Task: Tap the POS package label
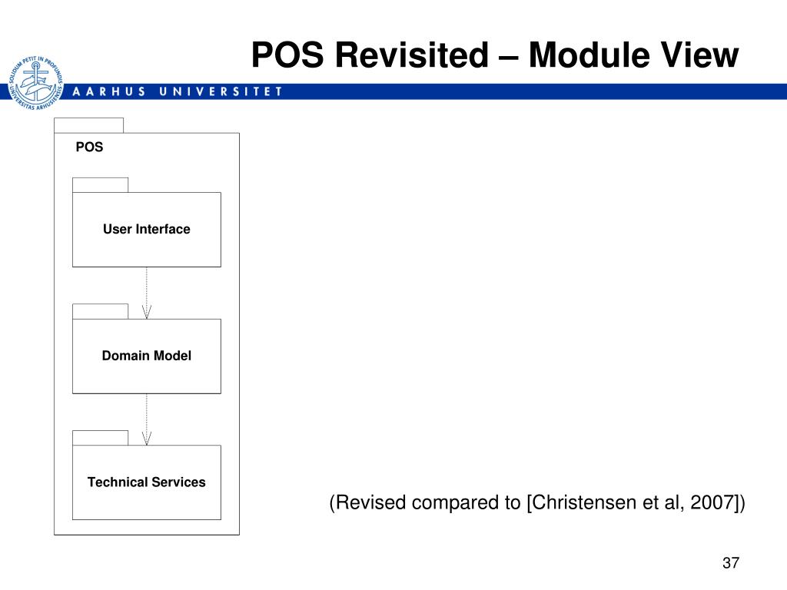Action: (x=89, y=147)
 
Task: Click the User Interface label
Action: (x=147, y=229)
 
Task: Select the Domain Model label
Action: (x=147, y=356)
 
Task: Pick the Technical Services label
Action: (x=147, y=482)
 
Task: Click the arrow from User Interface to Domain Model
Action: (x=147, y=293)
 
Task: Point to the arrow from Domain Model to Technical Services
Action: (x=147, y=419)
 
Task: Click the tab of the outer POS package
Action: (x=88, y=125)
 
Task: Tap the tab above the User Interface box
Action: (x=100, y=184)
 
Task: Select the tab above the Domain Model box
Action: (x=100, y=311)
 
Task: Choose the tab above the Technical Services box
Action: (x=100, y=438)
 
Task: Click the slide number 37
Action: (x=730, y=564)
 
